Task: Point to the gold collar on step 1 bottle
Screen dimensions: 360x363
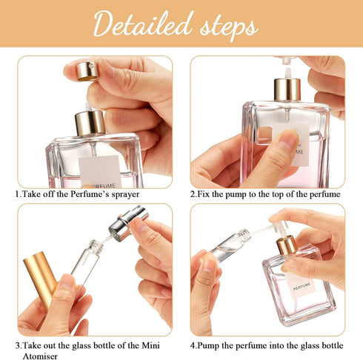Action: click(90, 122)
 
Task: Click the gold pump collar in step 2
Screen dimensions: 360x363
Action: click(286, 90)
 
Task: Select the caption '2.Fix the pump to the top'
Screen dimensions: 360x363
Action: click(264, 194)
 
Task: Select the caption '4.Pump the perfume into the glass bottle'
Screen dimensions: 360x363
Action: click(267, 345)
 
